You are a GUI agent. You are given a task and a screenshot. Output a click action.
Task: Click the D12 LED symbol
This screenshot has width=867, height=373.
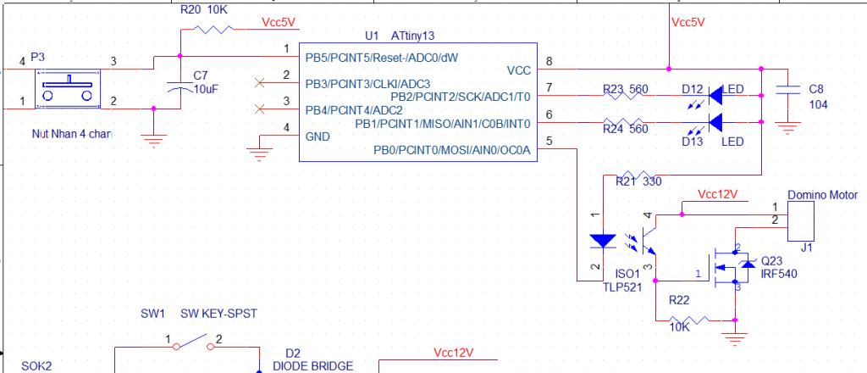tap(715, 95)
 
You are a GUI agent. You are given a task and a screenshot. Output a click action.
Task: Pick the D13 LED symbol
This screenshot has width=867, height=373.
tap(715, 122)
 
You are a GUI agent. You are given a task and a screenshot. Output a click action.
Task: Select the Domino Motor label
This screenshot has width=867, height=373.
tap(822, 195)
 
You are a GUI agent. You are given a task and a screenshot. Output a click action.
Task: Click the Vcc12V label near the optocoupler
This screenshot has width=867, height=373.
tap(718, 194)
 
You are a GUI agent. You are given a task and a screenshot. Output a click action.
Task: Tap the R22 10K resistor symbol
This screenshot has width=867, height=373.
tap(694, 320)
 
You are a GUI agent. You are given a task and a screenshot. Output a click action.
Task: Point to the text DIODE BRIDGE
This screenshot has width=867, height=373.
tap(312, 366)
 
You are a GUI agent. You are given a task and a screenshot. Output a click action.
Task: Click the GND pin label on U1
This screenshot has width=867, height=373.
tap(318, 136)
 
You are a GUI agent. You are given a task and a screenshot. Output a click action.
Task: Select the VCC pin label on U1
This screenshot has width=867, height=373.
tap(518, 70)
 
